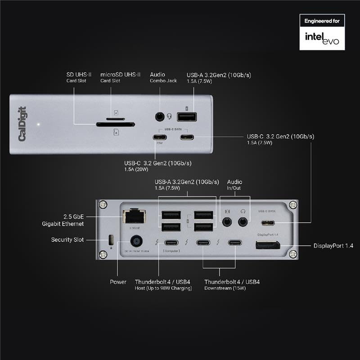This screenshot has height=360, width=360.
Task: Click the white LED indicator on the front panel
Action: tap(39, 124)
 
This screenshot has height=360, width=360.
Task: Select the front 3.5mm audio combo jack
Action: tap(159, 117)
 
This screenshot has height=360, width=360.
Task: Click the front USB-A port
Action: tap(187, 117)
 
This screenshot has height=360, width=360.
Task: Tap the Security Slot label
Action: tap(67, 240)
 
